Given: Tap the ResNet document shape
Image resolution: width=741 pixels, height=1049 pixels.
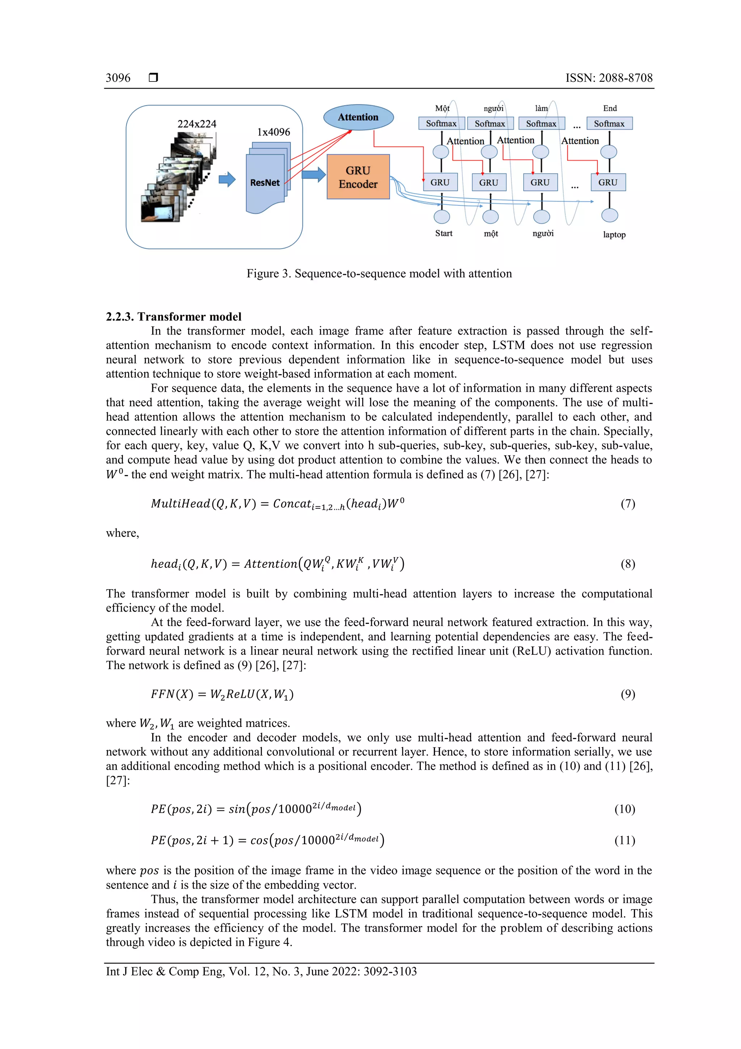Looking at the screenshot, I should pyautogui.click(x=265, y=183).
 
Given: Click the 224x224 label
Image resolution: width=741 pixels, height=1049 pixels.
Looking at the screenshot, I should pyautogui.click(x=197, y=124).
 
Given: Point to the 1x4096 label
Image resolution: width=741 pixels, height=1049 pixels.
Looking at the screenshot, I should pyautogui.click(x=274, y=132).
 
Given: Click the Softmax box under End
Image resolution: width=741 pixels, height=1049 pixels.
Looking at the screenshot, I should pyautogui.click(x=609, y=123).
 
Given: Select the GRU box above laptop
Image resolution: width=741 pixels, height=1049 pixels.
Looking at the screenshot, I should pyautogui.click(x=608, y=182).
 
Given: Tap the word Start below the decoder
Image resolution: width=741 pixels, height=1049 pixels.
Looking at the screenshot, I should pyautogui.click(x=443, y=234).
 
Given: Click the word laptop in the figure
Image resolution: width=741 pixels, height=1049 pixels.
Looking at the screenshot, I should pyautogui.click(x=614, y=235).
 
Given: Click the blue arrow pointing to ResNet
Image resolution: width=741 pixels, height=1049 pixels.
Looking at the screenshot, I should pyautogui.click(x=227, y=179).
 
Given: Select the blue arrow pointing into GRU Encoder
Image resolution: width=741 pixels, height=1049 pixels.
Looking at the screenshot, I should pyautogui.click(x=314, y=174).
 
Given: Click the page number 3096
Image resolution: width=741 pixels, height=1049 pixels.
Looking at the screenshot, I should pyautogui.click(x=118, y=77).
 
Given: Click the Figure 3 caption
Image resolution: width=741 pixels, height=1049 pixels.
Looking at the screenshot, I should pyautogui.click(x=379, y=273).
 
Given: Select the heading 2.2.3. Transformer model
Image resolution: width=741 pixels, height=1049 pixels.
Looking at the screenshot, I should pyautogui.click(x=174, y=316).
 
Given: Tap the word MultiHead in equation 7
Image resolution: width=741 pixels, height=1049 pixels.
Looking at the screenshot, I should pyautogui.click(x=180, y=503).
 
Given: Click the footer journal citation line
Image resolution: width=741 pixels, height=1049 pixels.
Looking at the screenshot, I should pyautogui.click(x=261, y=972).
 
